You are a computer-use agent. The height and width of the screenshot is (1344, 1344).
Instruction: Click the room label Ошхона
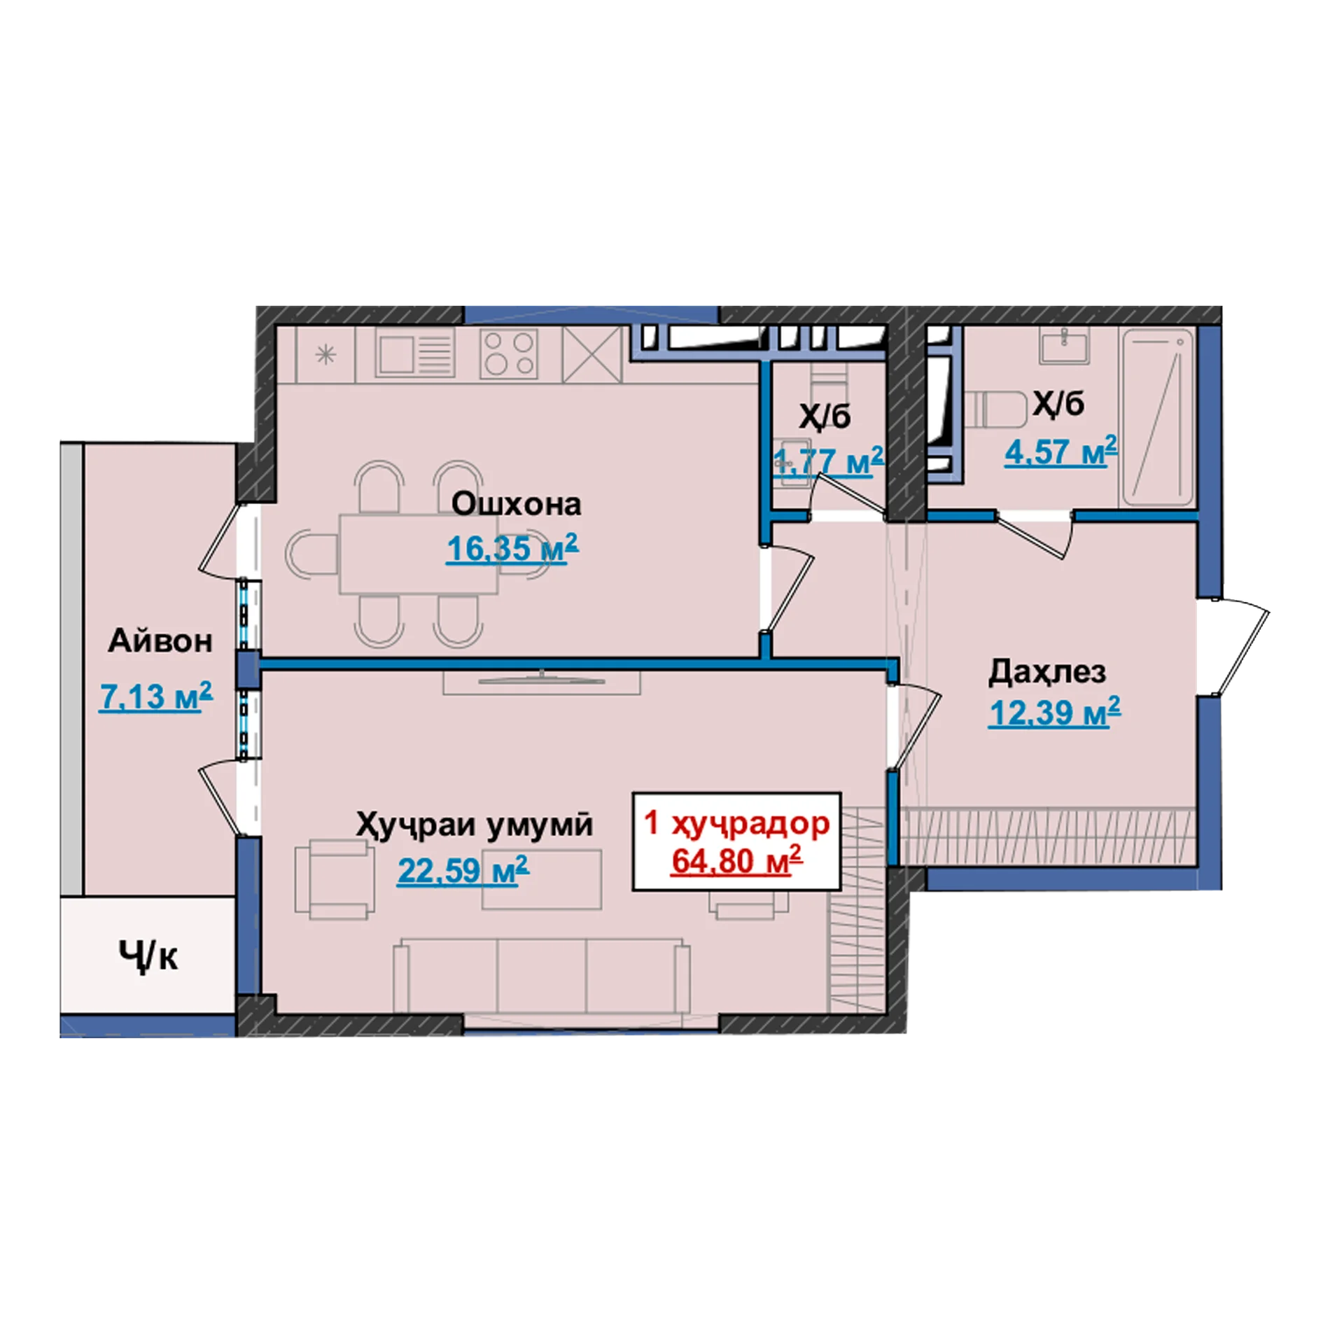click(x=516, y=504)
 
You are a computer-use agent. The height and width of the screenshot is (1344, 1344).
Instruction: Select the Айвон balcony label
click(x=160, y=641)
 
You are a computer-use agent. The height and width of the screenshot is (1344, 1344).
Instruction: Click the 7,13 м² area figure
click(x=155, y=696)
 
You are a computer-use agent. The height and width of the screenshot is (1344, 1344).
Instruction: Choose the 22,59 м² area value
click(x=463, y=871)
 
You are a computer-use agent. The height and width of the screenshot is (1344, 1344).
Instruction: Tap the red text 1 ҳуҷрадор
click(x=736, y=824)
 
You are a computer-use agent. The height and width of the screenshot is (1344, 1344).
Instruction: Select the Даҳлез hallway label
click(x=1047, y=672)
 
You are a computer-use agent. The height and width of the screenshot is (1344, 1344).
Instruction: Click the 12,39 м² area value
click(x=1054, y=713)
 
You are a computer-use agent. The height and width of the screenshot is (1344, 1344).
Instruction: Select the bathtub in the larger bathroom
click(x=1158, y=418)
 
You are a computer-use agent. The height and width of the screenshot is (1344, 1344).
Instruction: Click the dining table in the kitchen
click(x=419, y=554)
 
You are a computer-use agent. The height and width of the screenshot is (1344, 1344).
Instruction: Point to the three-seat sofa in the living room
click(x=542, y=974)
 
